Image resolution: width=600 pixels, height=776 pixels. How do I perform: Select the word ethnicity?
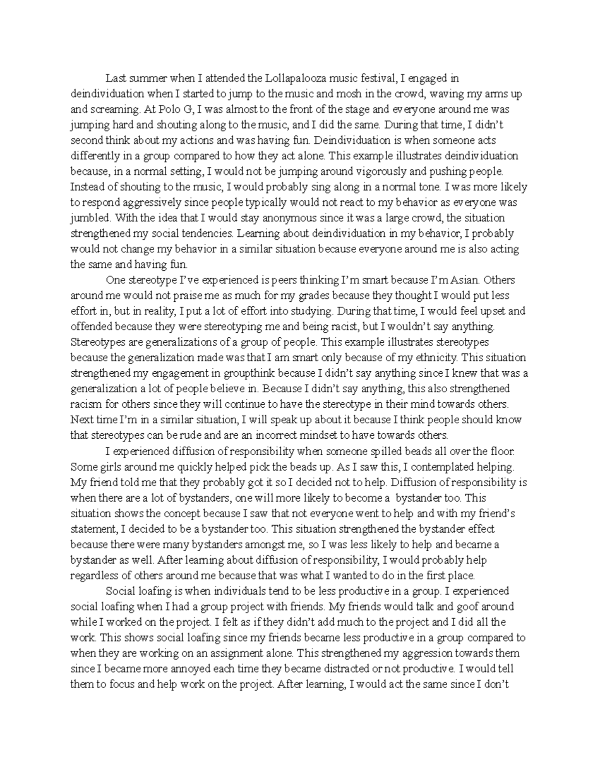click(x=435, y=358)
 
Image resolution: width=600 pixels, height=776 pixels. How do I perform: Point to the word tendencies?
click(x=206, y=233)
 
